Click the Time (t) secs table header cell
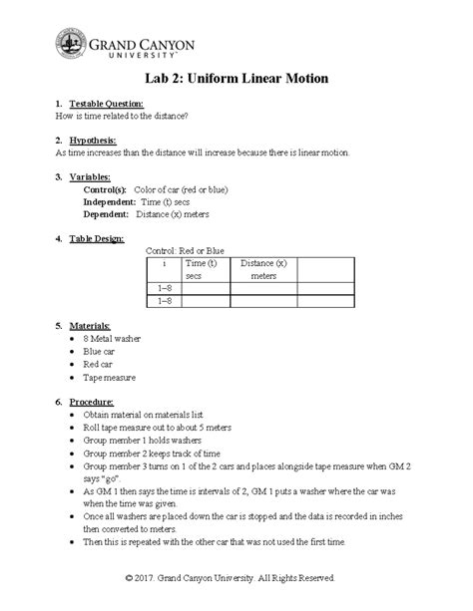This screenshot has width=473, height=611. tap(206, 269)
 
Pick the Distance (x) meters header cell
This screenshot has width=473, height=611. tap(263, 269)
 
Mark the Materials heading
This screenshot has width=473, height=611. tap(91, 326)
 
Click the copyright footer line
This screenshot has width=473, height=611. tap(236, 578)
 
